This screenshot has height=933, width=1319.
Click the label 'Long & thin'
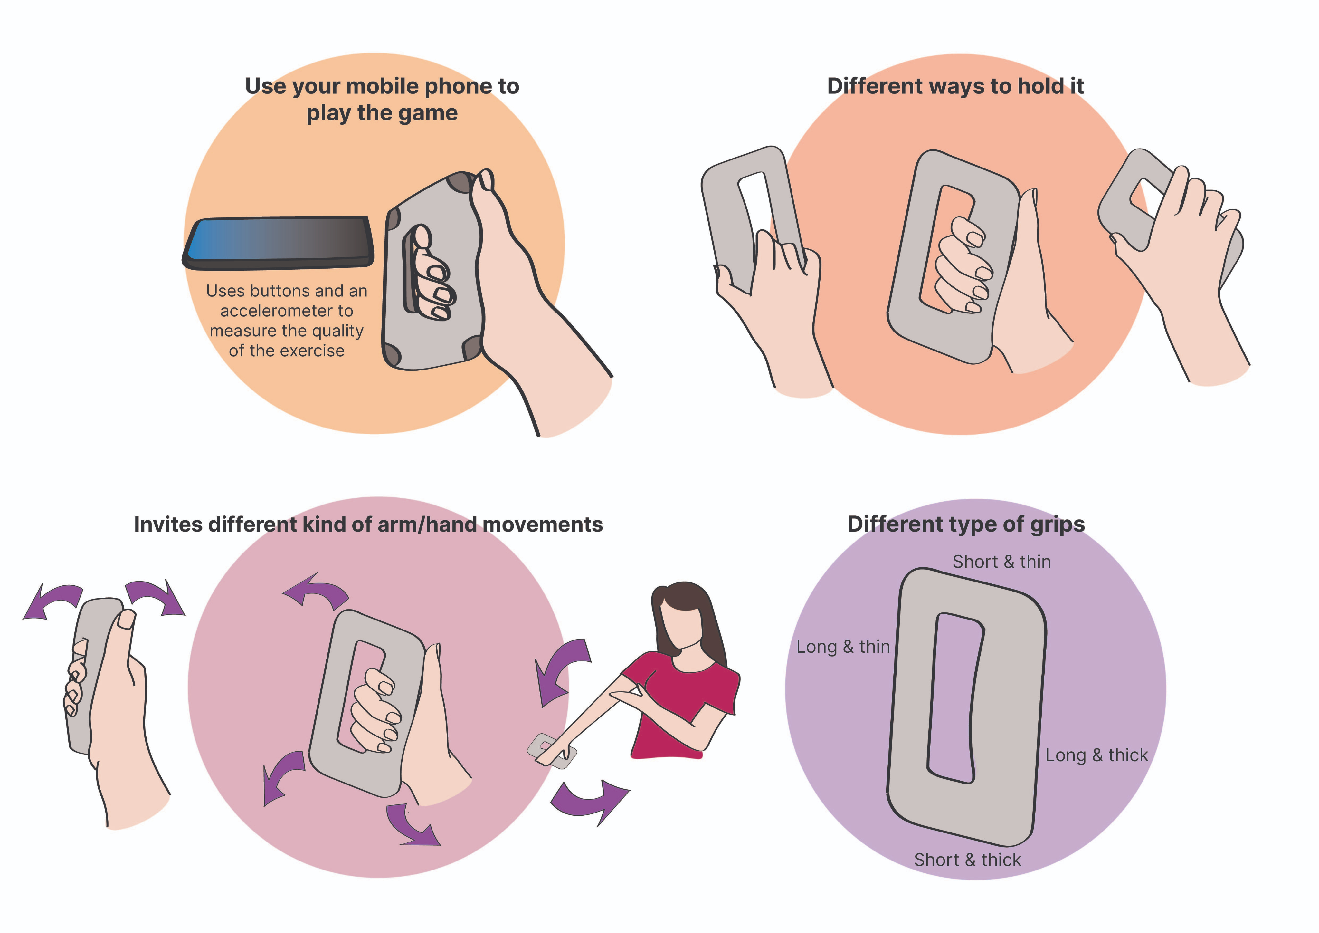tap(843, 647)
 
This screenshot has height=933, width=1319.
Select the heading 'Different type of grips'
tap(966, 524)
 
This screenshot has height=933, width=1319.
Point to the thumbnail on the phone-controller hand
tap(486, 179)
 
